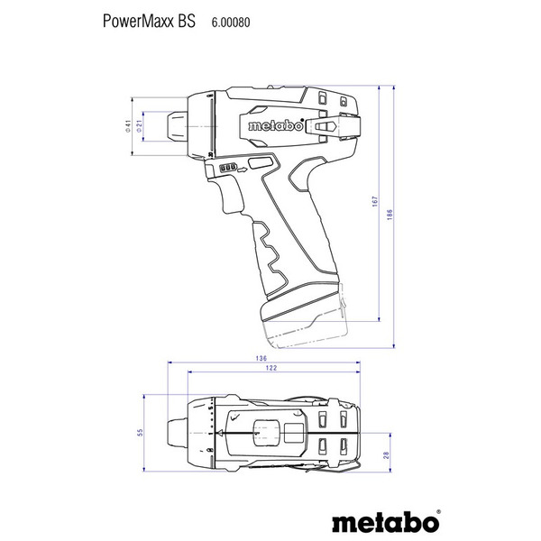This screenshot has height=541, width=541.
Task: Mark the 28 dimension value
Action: [x=385, y=457]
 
